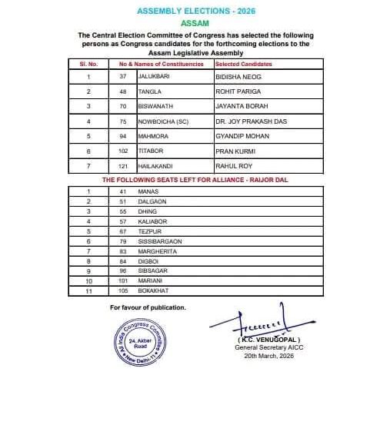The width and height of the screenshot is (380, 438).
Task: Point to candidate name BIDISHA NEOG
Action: tap(238, 77)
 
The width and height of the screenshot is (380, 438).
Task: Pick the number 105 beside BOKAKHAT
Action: tap(121, 291)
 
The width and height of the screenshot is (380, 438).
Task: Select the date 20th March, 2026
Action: tap(268, 356)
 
